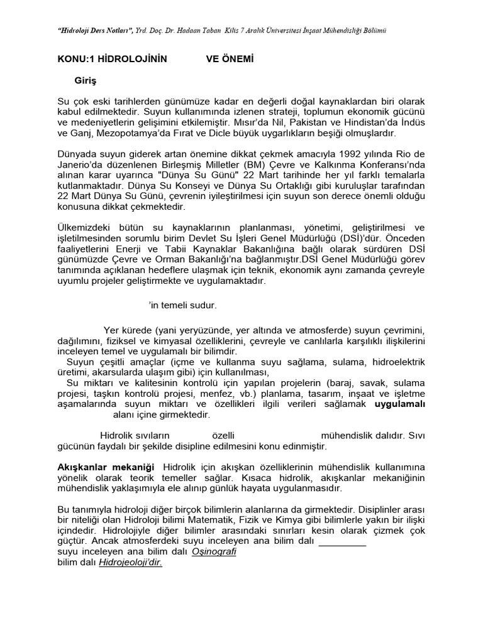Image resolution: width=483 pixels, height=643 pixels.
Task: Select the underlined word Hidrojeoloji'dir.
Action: tap(130, 563)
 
